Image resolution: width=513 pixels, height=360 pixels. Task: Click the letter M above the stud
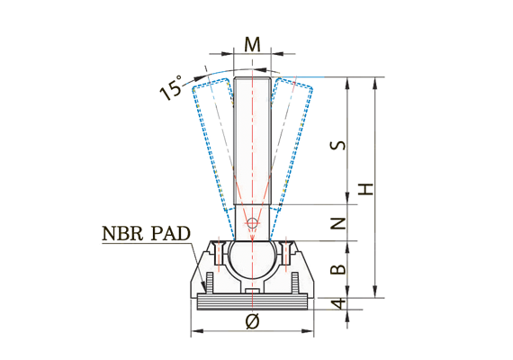click(253, 44)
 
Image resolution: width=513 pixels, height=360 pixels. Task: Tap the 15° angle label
click(174, 88)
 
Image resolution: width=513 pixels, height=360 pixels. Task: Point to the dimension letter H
click(365, 189)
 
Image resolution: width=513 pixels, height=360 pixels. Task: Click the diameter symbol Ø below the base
click(253, 321)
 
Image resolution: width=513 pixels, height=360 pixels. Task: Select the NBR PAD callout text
click(146, 234)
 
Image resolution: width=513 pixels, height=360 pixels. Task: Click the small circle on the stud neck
click(253, 221)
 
